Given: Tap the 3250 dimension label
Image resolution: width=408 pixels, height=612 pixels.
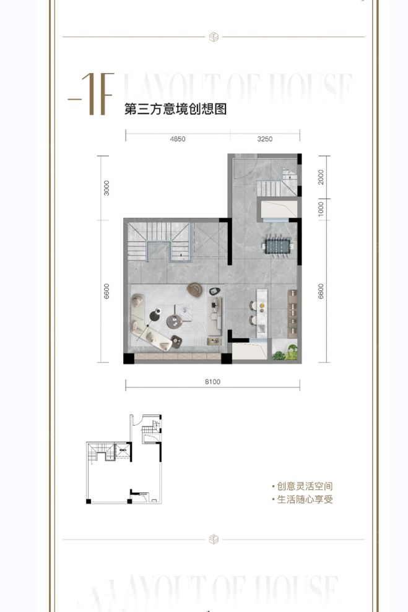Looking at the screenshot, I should [264, 139].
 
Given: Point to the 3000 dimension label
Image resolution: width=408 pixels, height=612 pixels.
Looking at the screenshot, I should [106, 187].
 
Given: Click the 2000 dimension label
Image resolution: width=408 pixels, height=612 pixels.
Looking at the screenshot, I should [321, 177].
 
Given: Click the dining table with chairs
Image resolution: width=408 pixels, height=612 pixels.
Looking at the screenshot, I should [277, 246].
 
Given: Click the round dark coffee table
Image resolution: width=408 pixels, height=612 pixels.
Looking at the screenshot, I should [175, 321].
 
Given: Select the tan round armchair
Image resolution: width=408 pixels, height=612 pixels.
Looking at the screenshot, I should [195, 289].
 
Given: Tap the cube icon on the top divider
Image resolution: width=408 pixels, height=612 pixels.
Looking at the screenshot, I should [214, 37].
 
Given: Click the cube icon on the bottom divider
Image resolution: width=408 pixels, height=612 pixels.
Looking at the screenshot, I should [214, 539].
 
